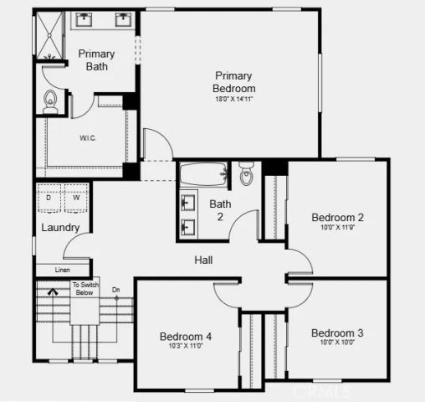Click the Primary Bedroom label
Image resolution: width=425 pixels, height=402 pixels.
(233, 81)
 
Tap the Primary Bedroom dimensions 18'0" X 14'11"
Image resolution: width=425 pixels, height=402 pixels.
(233, 99)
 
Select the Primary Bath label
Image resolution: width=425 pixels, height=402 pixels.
(96, 60)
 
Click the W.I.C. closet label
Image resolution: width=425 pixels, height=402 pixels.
(89, 137)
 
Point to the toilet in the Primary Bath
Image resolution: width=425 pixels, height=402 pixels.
(49, 101)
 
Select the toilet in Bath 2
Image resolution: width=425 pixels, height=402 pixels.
(247, 175)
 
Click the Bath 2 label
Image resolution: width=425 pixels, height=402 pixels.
(220, 209)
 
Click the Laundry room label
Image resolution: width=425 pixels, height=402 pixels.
(60, 227)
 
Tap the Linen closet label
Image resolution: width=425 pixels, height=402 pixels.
(62, 270)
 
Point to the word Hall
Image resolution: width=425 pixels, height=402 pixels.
(203, 260)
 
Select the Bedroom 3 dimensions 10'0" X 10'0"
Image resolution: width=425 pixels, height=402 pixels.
(337, 343)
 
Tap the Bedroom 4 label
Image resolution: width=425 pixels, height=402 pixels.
(186, 337)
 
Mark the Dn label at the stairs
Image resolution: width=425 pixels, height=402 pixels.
(116, 290)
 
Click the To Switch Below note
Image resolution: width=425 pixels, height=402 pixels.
(84, 289)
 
